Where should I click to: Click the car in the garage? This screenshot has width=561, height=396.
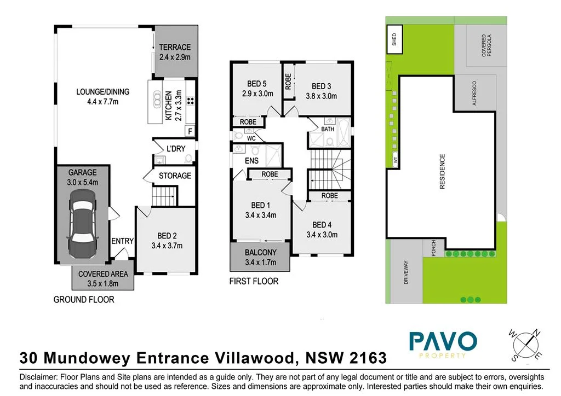click(81, 224)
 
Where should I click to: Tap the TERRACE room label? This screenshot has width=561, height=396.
click(175, 48)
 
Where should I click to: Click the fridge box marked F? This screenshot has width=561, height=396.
click(190, 131)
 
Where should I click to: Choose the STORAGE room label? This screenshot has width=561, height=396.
click(175, 176)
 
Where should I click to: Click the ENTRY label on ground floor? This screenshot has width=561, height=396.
click(122, 241)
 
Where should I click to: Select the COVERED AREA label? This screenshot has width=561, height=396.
click(103, 274)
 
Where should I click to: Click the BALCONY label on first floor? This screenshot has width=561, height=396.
click(260, 253)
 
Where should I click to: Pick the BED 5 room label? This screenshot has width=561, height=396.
click(256, 84)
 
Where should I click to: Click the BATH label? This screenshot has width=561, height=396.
click(328, 130)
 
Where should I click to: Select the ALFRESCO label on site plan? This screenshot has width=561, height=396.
click(474, 93)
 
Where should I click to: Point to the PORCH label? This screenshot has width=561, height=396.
click(433, 247)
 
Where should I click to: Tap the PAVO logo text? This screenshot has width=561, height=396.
click(443, 342)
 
